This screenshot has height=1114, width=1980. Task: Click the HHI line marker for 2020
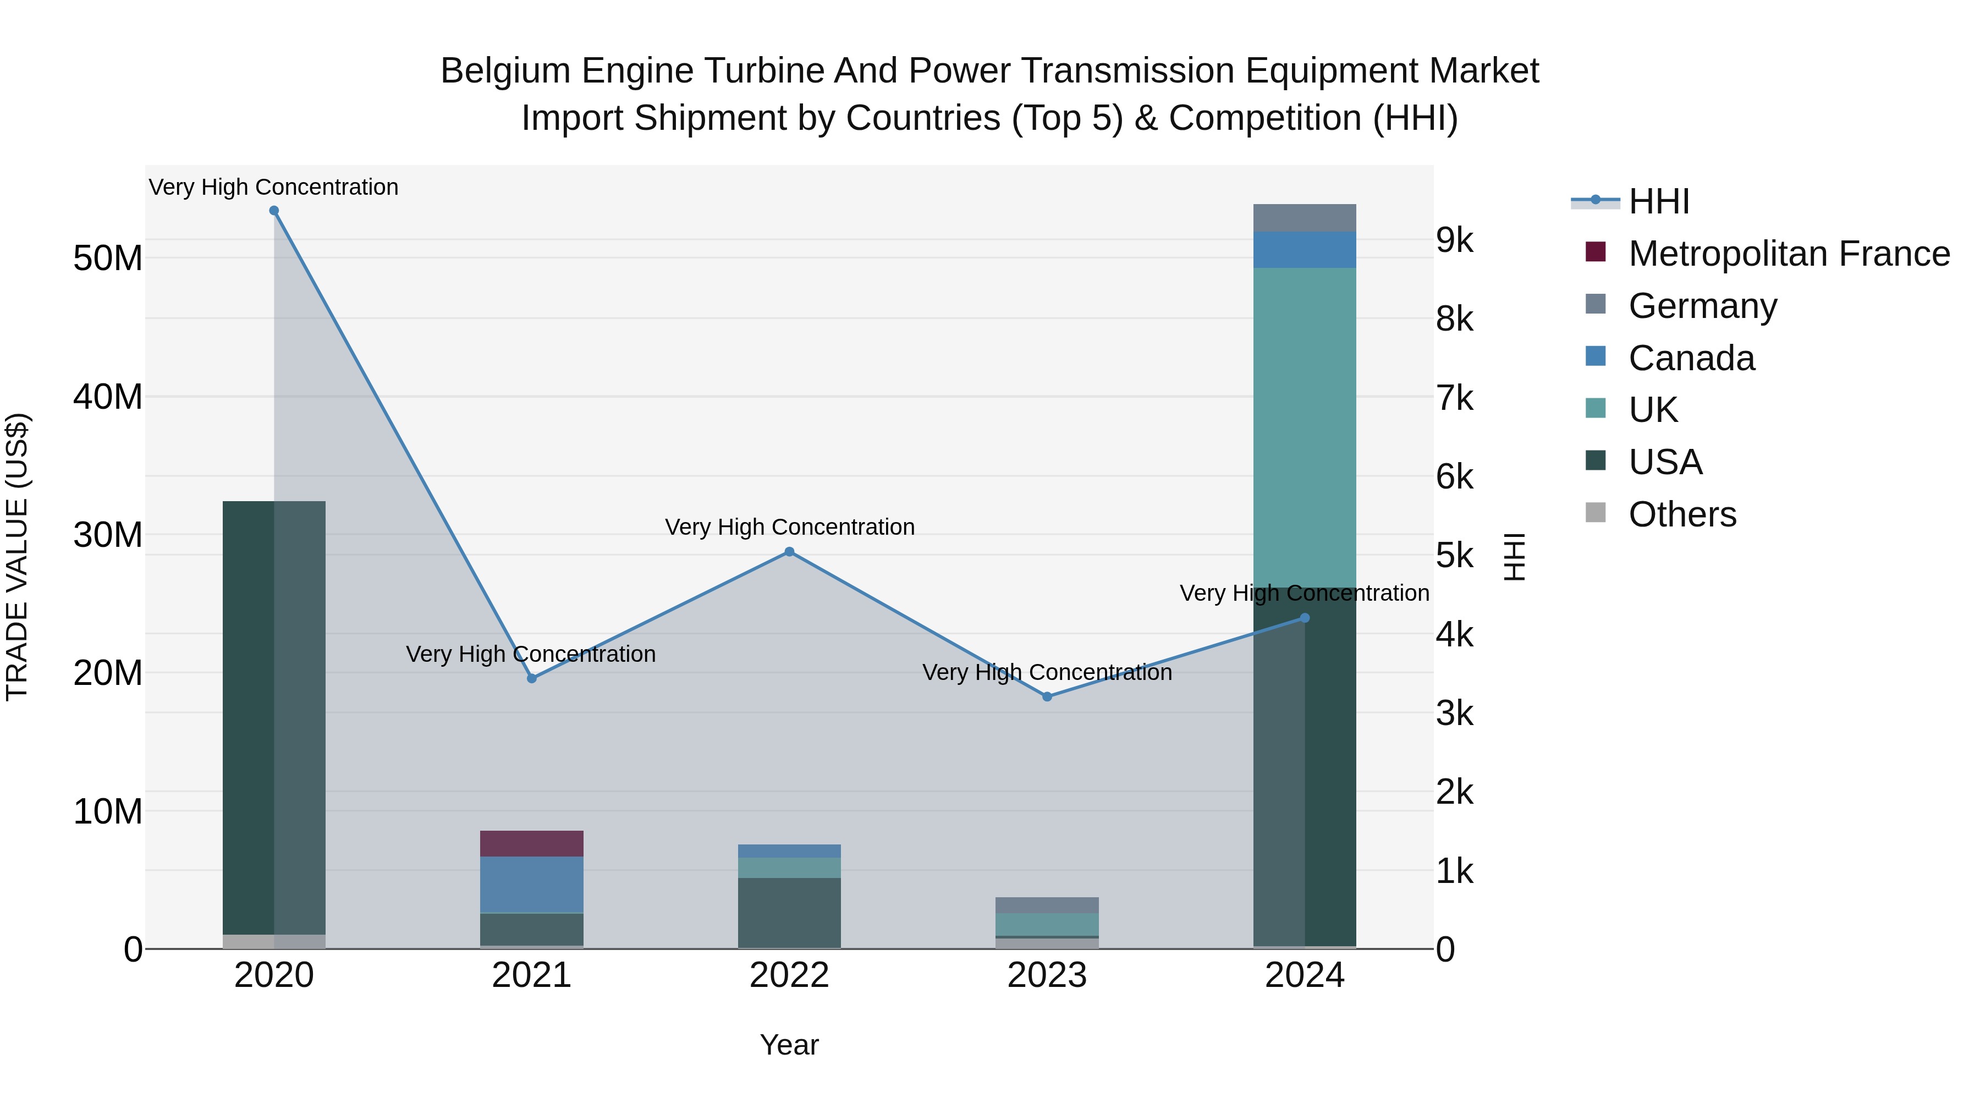274,211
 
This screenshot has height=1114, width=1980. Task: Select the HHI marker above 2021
531,678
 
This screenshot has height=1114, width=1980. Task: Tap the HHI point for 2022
789,551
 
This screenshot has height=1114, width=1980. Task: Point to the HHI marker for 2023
1046,696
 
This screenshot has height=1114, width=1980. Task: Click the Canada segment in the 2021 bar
531,884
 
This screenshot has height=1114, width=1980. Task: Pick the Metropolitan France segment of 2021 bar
531,843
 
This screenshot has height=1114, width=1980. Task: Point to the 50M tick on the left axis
108,259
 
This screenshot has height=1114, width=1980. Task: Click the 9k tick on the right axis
1454,240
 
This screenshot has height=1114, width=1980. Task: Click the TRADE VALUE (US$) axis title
17,557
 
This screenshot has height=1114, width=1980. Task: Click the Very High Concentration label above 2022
789,528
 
